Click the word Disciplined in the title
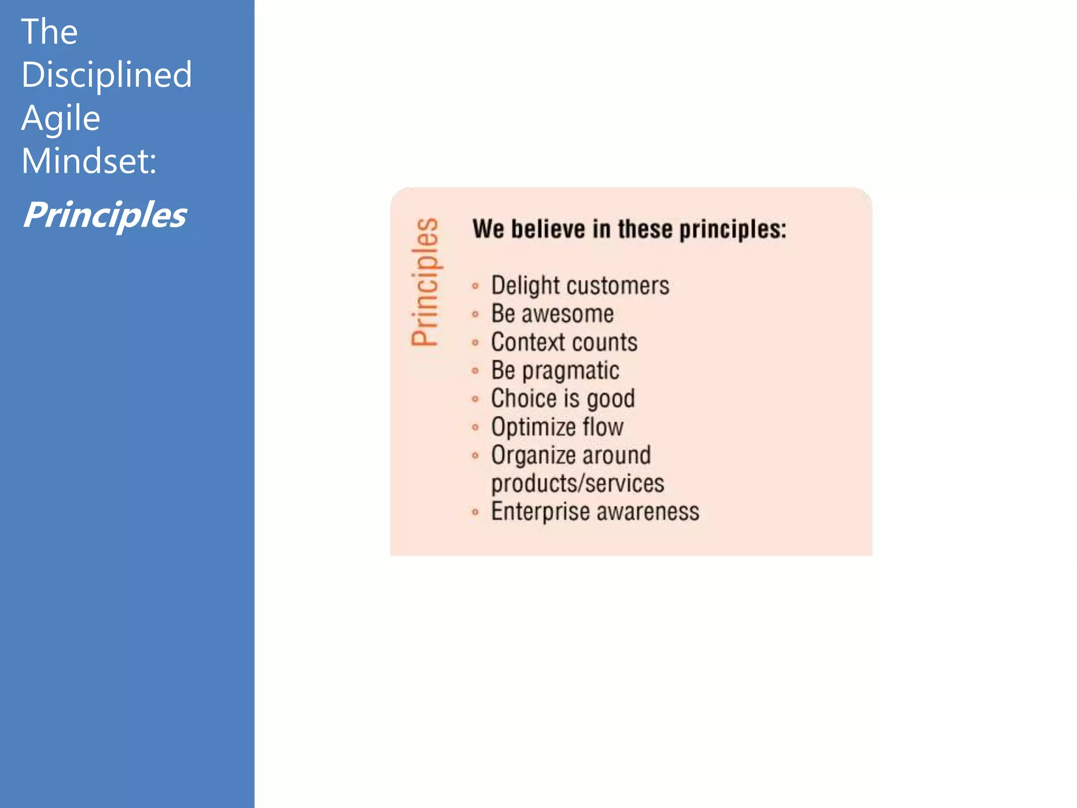tap(107, 75)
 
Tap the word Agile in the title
tap(61, 118)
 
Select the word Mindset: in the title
tap(89, 161)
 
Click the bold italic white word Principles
tap(105, 215)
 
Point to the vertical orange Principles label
tap(425, 282)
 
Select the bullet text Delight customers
tap(580, 286)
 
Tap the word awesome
tap(567, 314)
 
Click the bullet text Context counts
tap(564, 342)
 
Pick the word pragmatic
tap(571, 371)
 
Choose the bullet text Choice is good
tap(563, 399)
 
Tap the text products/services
tap(577, 483)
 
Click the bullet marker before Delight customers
tap(475, 286)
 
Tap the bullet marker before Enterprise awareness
tap(475, 512)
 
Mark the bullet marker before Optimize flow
tap(475, 427)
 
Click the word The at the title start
tap(49, 32)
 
